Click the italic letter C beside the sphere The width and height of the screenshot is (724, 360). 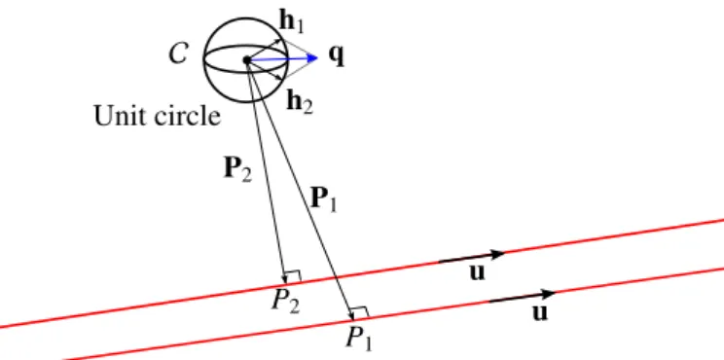click(x=178, y=54)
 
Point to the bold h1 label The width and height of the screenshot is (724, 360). click(x=292, y=21)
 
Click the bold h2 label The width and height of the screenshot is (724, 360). click(x=300, y=101)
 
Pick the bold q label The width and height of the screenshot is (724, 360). click(x=337, y=55)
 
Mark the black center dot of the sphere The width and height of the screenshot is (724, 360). click(x=247, y=59)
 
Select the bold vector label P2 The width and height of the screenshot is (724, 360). click(x=237, y=169)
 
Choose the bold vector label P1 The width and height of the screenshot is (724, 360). click(x=324, y=199)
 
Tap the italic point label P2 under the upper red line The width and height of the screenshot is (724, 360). click(x=285, y=301)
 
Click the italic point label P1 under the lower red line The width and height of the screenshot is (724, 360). click(x=359, y=339)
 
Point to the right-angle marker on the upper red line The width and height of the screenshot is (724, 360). click(x=294, y=276)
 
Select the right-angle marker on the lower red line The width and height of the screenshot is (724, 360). click(x=361, y=312)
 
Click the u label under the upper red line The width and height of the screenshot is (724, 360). click(x=478, y=272)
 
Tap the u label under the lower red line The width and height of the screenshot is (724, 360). click(x=540, y=312)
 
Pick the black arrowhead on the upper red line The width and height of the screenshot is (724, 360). click(x=496, y=254)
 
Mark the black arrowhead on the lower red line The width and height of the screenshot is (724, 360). click(x=548, y=294)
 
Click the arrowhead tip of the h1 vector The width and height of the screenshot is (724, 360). click(x=281, y=41)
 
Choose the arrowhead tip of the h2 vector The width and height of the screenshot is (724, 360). click(x=281, y=80)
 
